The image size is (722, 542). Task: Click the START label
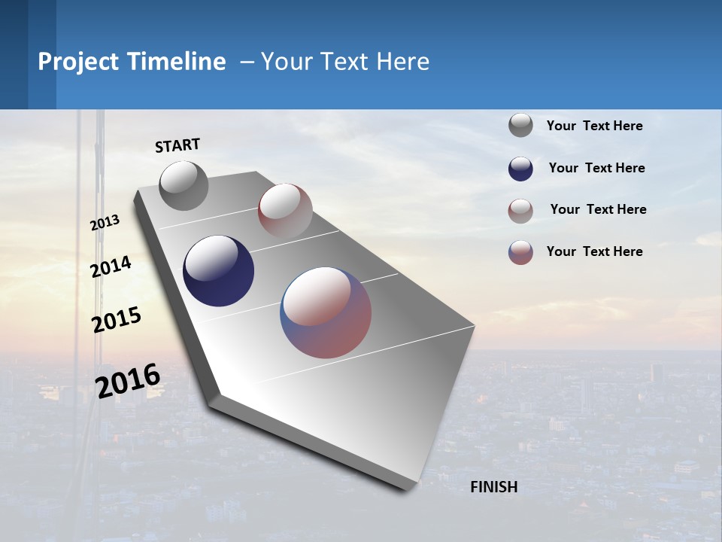tap(177, 145)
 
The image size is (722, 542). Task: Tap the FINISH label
tap(494, 487)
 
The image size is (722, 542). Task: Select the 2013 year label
tap(105, 223)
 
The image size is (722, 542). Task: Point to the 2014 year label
tap(111, 266)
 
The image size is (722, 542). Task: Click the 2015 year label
tap(116, 320)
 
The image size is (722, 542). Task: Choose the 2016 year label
tap(128, 381)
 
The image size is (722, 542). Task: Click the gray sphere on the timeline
tap(184, 185)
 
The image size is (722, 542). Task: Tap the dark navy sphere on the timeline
tap(218, 271)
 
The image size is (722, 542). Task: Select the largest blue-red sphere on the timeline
tap(326, 312)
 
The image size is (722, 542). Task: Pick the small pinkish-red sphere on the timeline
tap(285, 210)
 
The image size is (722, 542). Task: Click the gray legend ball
tap(520, 126)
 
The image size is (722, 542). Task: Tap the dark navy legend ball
tap(520, 169)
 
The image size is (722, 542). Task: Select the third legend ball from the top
tap(520, 211)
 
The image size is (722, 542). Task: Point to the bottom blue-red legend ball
tap(520, 252)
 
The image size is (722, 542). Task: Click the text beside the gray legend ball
tap(594, 126)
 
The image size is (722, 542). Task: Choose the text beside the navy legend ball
tap(596, 168)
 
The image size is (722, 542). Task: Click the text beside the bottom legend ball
tap(594, 251)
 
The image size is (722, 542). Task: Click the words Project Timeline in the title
tap(132, 62)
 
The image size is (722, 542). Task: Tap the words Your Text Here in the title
tap(345, 62)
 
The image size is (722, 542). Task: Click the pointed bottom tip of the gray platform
tap(406, 488)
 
